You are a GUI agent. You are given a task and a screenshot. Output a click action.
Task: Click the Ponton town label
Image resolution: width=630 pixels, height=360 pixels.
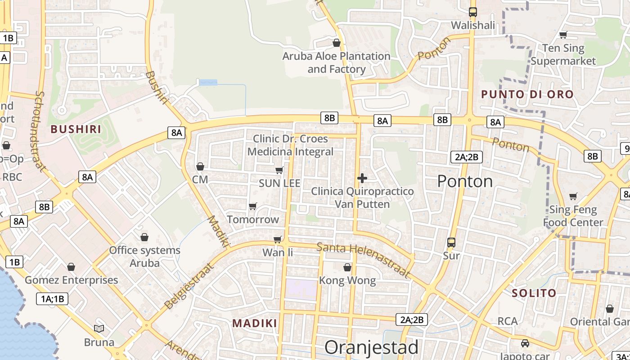pyautogui.click(x=465, y=181)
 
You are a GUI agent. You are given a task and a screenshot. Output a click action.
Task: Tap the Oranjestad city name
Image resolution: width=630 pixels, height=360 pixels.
pyautogui.click(x=371, y=347)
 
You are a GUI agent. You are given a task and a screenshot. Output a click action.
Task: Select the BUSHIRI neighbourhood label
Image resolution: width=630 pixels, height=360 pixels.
pyautogui.click(x=76, y=129)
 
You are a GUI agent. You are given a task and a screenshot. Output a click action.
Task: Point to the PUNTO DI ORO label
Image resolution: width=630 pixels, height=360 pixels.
pyautogui.click(x=527, y=94)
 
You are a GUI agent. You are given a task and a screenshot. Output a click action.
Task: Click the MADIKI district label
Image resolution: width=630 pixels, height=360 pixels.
pyautogui.click(x=255, y=323)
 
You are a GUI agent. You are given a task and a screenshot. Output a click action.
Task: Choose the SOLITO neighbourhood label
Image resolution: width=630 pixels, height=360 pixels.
pyautogui.click(x=534, y=293)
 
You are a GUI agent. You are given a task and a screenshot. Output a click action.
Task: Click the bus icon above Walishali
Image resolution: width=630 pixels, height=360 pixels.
pyautogui.click(x=472, y=12)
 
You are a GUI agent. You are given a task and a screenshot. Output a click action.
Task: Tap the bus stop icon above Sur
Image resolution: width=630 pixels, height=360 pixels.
pyautogui.click(x=451, y=243)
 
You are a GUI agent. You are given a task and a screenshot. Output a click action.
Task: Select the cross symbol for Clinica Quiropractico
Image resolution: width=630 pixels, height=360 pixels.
pyautogui.click(x=362, y=178)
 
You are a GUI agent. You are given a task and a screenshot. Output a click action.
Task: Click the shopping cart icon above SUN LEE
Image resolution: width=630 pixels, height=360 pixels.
pyautogui.click(x=279, y=170)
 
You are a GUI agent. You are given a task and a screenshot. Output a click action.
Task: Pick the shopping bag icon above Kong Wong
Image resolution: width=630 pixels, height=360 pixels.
pyautogui.click(x=347, y=267)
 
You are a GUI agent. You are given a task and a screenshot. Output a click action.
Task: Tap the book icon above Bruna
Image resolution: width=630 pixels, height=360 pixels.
pyautogui.click(x=99, y=328)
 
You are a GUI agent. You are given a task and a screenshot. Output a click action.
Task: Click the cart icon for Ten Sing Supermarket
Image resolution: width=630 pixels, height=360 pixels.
pyautogui.click(x=563, y=35)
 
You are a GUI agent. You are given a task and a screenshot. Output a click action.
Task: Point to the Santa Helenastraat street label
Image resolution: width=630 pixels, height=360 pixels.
pyautogui.click(x=364, y=260)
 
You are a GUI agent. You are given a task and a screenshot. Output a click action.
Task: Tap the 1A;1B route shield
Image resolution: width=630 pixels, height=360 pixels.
pyautogui.click(x=52, y=298)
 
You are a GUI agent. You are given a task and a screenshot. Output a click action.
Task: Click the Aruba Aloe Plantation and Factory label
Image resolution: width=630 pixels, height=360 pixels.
pyautogui.click(x=336, y=63)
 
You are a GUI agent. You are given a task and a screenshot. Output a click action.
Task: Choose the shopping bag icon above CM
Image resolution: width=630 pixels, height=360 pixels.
pyautogui.click(x=200, y=166)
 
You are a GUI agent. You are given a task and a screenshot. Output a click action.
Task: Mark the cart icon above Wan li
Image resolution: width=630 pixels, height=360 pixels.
pyautogui.click(x=278, y=239)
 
